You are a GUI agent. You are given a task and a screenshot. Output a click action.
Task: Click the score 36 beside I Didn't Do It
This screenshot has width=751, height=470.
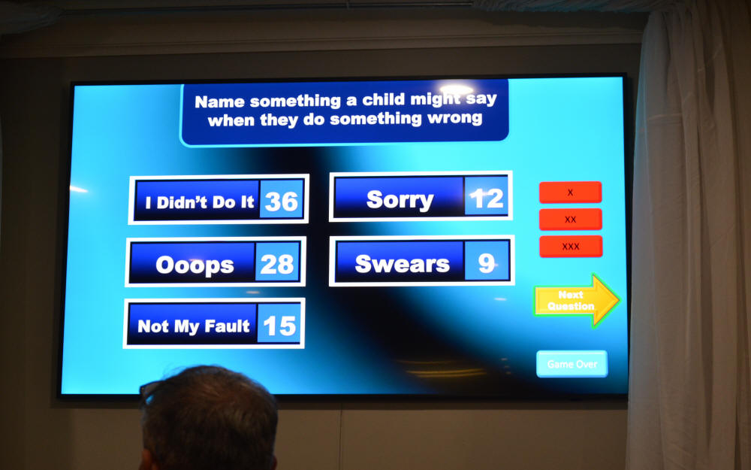click(x=282, y=202)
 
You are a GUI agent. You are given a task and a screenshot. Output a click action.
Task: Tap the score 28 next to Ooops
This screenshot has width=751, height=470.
click(x=277, y=264)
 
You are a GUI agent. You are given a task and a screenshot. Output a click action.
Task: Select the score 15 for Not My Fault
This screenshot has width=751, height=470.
click(x=279, y=326)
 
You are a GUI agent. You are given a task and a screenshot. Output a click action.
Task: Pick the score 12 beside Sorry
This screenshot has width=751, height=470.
click(x=486, y=198)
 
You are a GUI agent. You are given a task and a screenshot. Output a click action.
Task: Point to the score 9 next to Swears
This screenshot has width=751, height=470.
click(x=486, y=262)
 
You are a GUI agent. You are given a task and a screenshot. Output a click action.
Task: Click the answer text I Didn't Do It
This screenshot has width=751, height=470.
click(x=199, y=202)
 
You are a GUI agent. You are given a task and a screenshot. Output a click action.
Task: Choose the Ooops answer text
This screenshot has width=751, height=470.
click(x=195, y=265)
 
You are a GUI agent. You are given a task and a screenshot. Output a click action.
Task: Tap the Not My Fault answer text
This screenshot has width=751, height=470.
click(x=194, y=326)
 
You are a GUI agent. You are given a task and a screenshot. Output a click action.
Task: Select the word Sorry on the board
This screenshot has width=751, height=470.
click(x=400, y=200)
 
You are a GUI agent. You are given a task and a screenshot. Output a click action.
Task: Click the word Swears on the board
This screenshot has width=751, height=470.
click(x=403, y=264)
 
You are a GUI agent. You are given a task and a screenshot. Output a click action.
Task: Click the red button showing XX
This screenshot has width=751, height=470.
click(x=571, y=219)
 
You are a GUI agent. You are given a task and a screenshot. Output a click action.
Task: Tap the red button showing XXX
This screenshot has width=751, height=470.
click(x=571, y=247)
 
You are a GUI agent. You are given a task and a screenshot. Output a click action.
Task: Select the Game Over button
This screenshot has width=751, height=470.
click(x=572, y=364)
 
